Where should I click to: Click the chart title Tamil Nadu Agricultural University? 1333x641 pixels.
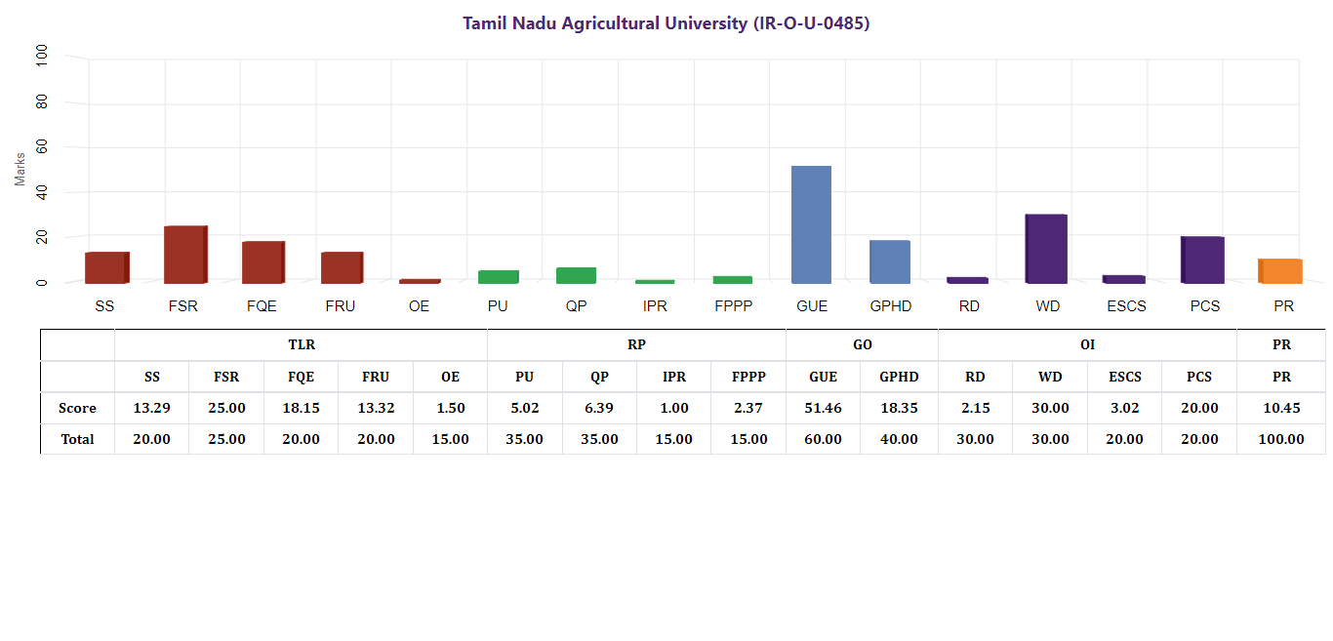pos(666,23)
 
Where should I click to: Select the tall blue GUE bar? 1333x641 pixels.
pos(811,224)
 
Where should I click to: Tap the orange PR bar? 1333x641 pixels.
pos(1280,271)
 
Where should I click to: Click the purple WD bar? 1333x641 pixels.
pos(1046,249)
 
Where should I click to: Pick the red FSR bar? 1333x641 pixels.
pos(184,255)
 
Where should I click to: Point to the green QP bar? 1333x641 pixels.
pos(576,275)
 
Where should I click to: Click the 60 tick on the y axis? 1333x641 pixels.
pos(41,147)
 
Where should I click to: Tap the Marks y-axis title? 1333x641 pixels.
pos(20,169)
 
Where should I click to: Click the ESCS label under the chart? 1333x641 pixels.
pos(1126,306)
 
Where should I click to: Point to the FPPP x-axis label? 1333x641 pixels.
pos(733,306)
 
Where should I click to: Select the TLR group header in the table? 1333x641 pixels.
pos(302,344)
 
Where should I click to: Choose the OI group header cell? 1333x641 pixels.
pos(1087,344)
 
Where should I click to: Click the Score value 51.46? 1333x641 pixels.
pos(823,408)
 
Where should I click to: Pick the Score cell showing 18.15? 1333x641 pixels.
pos(301,408)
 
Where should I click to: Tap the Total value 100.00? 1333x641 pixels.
pos(1281,439)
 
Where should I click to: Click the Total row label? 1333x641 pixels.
pos(78,439)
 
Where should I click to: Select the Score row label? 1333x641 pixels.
pos(78,408)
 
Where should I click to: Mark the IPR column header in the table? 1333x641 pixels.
pos(673,377)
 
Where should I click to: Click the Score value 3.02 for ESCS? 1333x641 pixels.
pos(1124,408)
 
